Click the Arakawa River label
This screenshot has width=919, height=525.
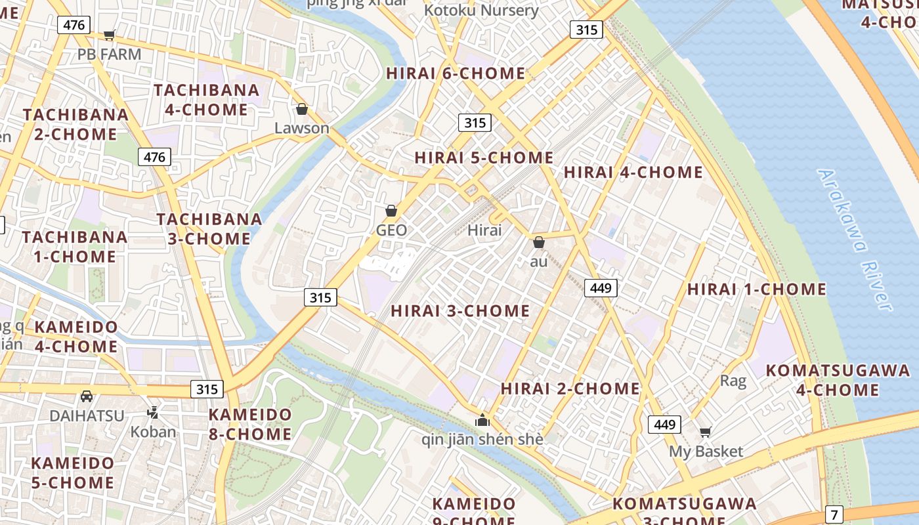pos(855,240)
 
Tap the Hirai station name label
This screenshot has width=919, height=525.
pos(484,230)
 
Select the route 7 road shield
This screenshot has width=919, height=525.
pos(834,514)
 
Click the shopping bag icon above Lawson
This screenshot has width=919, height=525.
pos(302,109)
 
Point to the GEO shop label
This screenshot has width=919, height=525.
pos(391,230)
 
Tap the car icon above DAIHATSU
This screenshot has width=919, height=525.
pos(87,396)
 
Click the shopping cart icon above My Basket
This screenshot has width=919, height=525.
pos(706,432)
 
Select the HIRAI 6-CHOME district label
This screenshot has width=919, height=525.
pos(456,73)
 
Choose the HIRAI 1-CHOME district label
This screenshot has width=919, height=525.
pos(756,289)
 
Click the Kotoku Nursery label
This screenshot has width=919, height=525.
pos(481,10)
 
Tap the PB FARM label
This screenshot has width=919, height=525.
pos(109,54)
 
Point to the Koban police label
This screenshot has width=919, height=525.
pos(153,431)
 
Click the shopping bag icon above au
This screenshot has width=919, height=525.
pos(539,242)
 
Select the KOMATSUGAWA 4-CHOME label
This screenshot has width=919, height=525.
pos(838,380)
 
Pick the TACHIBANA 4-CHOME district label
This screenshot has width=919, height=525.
pos(206,100)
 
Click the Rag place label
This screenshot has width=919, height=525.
pos(733,381)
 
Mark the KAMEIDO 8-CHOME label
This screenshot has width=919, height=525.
pos(250,424)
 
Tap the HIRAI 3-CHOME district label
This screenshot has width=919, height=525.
pos(460,311)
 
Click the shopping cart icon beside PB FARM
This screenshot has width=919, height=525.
pos(110,35)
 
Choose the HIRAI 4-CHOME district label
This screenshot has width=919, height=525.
pos(633,173)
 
